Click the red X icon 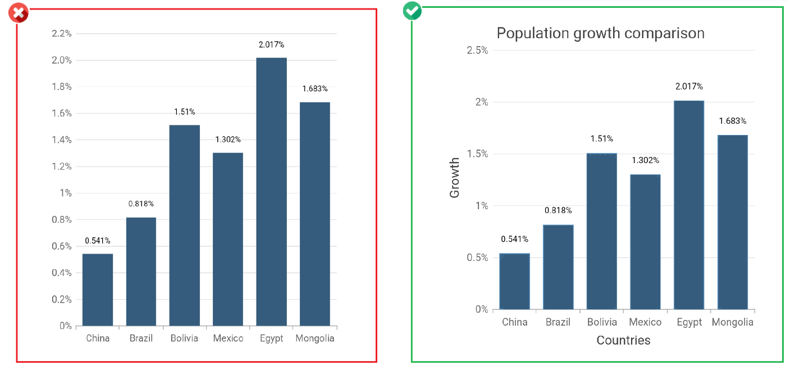(x=19, y=13)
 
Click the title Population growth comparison (x=600, y=33)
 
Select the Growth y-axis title (x=455, y=178)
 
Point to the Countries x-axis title (x=623, y=340)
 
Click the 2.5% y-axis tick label (x=477, y=51)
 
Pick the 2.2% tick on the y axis (x=61, y=34)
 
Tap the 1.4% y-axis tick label (x=61, y=140)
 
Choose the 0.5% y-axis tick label (x=477, y=258)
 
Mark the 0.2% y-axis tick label (x=61, y=300)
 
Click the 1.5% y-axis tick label (x=477, y=154)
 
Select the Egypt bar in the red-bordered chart (x=271, y=191)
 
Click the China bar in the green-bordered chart (x=514, y=281)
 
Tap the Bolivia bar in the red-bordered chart (x=185, y=225)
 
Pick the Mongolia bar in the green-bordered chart (x=733, y=222)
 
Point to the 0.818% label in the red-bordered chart (x=141, y=204)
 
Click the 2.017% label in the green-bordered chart (x=689, y=87)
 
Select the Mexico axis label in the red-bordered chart (x=228, y=339)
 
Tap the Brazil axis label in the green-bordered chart (x=558, y=322)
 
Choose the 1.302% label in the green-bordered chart (x=646, y=160)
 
